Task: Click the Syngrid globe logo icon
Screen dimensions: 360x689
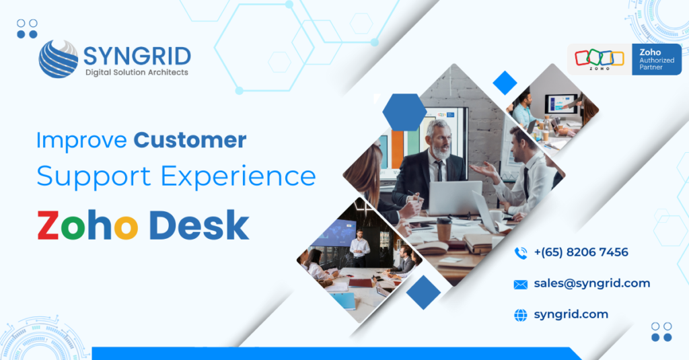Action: click(x=59, y=59)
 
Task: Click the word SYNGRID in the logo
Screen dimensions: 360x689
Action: click(x=137, y=55)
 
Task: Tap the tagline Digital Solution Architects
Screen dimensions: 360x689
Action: click(x=136, y=72)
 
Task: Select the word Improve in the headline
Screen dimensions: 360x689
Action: click(x=81, y=140)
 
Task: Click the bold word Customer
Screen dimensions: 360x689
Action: click(x=190, y=140)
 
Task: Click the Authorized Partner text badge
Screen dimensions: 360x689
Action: click(x=655, y=59)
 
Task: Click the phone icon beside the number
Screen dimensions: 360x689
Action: click(x=520, y=253)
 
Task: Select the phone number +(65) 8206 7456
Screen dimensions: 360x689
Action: click(x=581, y=252)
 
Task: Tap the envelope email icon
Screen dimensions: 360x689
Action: click(x=520, y=284)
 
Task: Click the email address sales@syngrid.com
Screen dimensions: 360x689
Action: click(x=592, y=283)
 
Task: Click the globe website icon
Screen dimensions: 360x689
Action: click(x=520, y=315)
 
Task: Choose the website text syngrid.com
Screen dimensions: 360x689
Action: click(x=571, y=314)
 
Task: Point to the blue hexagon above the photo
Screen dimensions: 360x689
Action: click(x=404, y=112)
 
